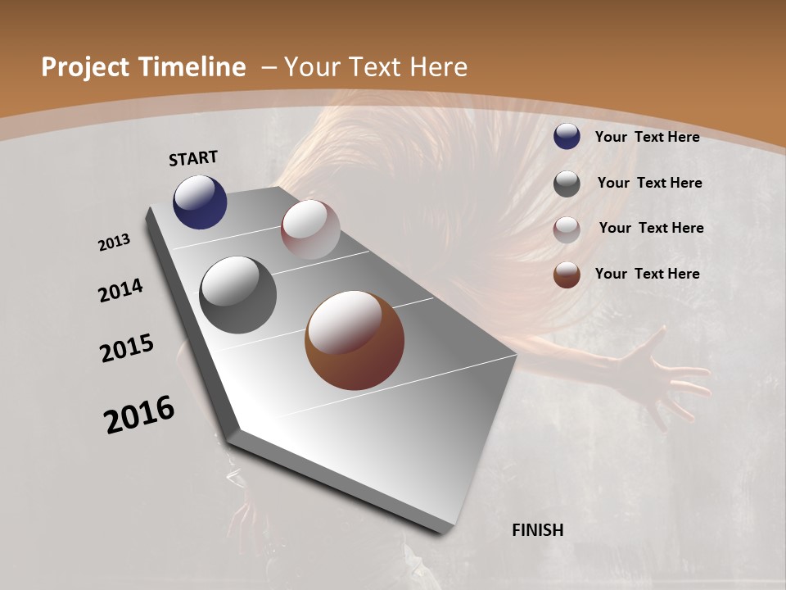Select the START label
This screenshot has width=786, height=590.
tap(193, 158)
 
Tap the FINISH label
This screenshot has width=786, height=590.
tap(537, 530)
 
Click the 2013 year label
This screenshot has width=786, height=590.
tap(114, 243)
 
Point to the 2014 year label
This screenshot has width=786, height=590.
tap(120, 290)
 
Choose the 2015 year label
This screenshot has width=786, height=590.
tap(126, 348)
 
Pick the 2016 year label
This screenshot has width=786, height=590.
tap(139, 415)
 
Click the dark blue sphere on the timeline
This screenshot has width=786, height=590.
tap(200, 202)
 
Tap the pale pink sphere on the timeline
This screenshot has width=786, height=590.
tap(310, 229)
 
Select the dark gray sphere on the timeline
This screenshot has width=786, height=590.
tap(237, 295)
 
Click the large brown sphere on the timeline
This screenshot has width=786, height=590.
tap(355, 340)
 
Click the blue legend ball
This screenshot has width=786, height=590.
tap(567, 136)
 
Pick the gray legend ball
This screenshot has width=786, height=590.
tap(567, 184)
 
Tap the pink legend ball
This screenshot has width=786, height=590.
tap(567, 229)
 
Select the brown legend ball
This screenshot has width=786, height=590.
tap(567, 275)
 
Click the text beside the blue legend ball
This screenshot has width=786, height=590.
tap(647, 137)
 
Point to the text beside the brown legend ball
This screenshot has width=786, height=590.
tap(647, 274)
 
